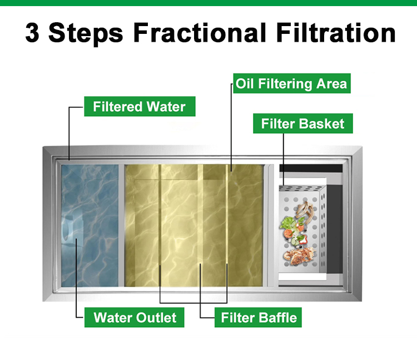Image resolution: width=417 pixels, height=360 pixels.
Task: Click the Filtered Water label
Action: [x=139, y=106]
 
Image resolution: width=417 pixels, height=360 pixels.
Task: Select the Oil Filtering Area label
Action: [x=291, y=84]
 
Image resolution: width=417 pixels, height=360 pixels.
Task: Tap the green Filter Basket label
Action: [x=302, y=123]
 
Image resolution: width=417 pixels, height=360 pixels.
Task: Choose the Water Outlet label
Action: [x=135, y=317]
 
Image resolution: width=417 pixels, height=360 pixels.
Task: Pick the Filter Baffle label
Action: [x=259, y=317]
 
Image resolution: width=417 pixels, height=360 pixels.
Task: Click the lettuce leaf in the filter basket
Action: [x=289, y=223]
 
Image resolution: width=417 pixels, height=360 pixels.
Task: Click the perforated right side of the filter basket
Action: [x=315, y=233]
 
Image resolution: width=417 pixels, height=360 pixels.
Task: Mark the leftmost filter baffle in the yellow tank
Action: [x=160, y=228]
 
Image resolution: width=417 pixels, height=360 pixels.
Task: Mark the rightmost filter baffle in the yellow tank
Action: [x=227, y=228]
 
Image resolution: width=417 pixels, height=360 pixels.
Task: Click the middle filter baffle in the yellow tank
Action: [x=200, y=228]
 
